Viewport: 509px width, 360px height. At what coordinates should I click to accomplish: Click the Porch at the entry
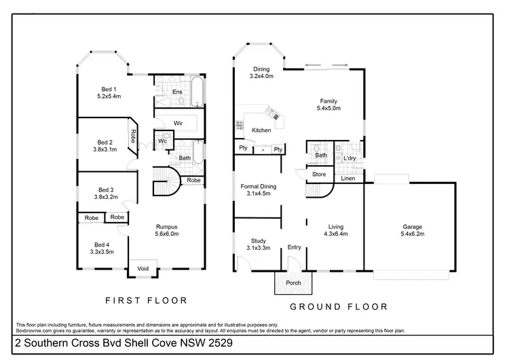pos(293,283)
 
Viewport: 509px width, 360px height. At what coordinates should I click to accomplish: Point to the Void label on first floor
pos(143,268)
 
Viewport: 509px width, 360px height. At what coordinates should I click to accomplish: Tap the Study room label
pos(258,240)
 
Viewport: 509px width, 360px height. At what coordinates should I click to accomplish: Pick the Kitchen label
pos(261,130)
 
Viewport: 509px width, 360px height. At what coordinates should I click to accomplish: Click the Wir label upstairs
pos(178,123)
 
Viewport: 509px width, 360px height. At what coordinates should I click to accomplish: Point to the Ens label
pos(177,92)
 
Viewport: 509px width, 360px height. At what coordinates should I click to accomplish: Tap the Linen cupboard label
pos(347,179)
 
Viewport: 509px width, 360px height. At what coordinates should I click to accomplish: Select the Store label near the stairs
pos(319,175)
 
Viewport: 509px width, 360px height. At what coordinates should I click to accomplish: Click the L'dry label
pos(350,158)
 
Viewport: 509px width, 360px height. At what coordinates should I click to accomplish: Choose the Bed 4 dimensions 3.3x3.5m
pos(102,251)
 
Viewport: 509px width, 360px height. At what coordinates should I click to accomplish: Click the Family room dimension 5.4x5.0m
pos(328,108)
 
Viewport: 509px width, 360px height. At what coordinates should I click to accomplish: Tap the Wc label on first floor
pos(163,141)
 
